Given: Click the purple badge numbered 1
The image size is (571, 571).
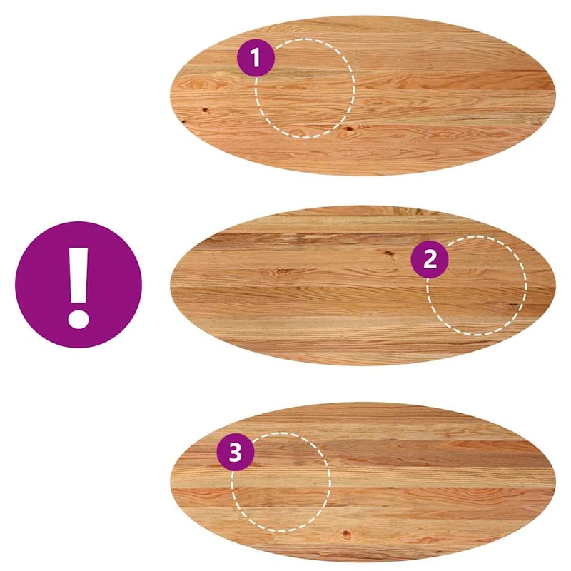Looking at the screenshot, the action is tap(256, 58).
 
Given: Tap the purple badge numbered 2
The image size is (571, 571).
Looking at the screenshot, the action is tap(430, 259).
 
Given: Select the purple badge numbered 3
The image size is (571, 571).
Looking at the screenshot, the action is tap(236, 453).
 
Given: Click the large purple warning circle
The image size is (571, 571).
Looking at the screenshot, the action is tap(79, 284).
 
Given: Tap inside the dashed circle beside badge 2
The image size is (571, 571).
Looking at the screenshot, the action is tap(477, 286).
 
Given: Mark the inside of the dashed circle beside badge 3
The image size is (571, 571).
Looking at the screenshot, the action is tap(281, 482).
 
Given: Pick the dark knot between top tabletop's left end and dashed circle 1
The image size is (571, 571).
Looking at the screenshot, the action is tap(205, 110).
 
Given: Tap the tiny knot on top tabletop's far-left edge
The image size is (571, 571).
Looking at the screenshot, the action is tap(183, 121).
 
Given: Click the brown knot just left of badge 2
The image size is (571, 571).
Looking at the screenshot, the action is tap(389, 253).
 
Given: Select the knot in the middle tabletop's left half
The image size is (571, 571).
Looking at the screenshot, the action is tap(281, 271).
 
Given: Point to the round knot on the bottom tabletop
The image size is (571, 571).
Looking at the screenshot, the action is tap(346, 534).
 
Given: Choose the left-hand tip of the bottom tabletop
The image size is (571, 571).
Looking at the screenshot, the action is tap(171, 480).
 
